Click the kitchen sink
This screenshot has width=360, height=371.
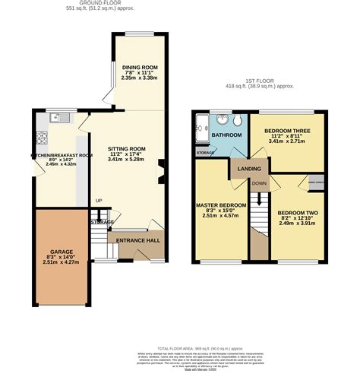(x=59, y=118)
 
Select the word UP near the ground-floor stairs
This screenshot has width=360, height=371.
(x=98, y=201)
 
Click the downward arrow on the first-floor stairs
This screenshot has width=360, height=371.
(x=260, y=199)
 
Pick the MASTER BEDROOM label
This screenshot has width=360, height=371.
(x=221, y=205)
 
